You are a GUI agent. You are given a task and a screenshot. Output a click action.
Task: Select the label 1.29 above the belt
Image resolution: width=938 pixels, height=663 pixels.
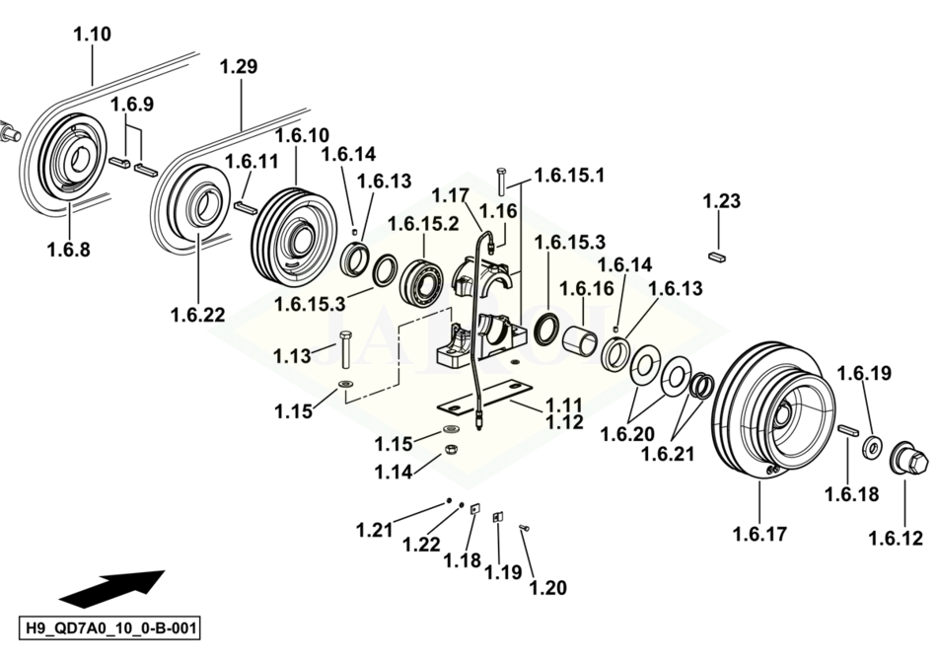coord(239,68)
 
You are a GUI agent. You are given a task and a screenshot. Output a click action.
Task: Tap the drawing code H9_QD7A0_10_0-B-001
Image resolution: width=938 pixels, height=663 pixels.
coord(110,628)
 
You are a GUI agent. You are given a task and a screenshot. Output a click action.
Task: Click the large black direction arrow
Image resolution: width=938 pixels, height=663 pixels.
coord(111,587)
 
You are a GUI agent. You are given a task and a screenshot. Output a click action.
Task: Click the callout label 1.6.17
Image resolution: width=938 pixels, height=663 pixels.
coord(760,535)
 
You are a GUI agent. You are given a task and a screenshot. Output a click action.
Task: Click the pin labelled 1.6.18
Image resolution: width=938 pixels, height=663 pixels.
coord(848,432)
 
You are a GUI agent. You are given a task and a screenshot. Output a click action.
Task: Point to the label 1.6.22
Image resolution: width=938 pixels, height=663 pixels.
coord(197,316)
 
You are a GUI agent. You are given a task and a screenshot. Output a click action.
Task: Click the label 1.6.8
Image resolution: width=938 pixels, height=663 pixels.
coord(68,250)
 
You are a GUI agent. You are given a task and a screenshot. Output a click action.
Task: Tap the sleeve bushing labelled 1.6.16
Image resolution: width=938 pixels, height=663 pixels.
coord(582,336)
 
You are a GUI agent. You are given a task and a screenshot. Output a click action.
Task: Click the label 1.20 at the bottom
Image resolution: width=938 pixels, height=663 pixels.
coord(548,587)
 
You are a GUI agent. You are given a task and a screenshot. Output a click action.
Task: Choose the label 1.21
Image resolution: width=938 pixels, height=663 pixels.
coord(375,530)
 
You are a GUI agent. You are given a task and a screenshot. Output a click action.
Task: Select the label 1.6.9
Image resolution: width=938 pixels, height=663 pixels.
coord(132,105)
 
